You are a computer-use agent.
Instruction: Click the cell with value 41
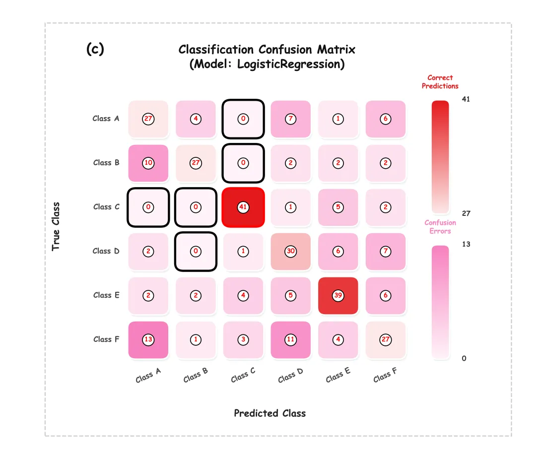243,207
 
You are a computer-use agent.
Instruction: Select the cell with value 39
338,295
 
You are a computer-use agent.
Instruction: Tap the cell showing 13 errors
148,339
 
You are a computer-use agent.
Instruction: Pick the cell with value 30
291,251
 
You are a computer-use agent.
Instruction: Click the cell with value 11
291,339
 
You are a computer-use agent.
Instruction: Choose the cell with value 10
148,163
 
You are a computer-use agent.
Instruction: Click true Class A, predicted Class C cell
243,119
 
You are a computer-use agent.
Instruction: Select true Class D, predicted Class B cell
196,251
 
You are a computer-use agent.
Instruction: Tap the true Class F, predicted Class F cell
386,339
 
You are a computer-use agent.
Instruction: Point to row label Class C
106,207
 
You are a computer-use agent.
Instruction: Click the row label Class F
106,339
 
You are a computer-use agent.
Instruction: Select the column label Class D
290,376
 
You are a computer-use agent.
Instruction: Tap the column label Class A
148,376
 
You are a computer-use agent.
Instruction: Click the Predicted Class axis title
269,413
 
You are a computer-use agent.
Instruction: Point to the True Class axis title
56,226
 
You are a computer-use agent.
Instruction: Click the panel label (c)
95,49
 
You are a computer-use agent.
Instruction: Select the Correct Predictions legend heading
440,82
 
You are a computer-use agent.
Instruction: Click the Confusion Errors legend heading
440,227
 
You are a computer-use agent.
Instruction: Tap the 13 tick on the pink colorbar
466,244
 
